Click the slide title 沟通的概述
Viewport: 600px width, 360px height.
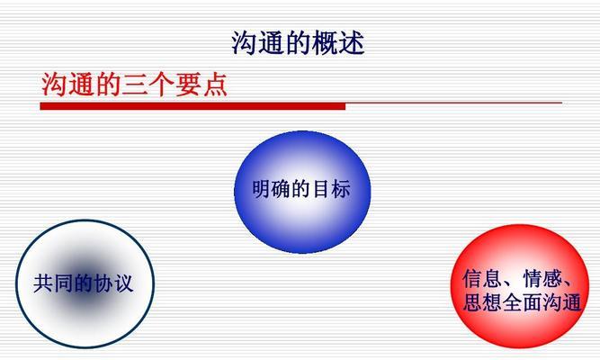[x=298, y=42]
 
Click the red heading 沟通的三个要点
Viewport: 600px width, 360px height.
[x=134, y=85]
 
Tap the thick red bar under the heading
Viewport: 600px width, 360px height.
[x=192, y=106]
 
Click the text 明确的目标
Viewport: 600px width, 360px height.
[x=301, y=190]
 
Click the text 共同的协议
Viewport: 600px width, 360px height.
[x=84, y=283]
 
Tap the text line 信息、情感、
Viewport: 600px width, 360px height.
[x=515, y=278]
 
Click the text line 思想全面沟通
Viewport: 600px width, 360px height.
[x=522, y=302]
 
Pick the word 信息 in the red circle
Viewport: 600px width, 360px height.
[x=478, y=278]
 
